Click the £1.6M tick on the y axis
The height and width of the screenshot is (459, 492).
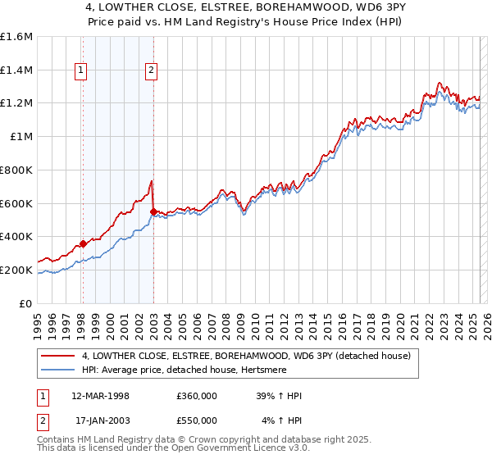click(x=16, y=37)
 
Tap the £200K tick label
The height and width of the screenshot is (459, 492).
click(x=16, y=270)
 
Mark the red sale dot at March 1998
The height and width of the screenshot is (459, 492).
click(x=83, y=243)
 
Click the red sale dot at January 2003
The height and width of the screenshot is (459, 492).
click(x=153, y=211)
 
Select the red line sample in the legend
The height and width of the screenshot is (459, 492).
click(x=58, y=356)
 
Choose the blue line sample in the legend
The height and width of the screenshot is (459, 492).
click(x=58, y=370)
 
